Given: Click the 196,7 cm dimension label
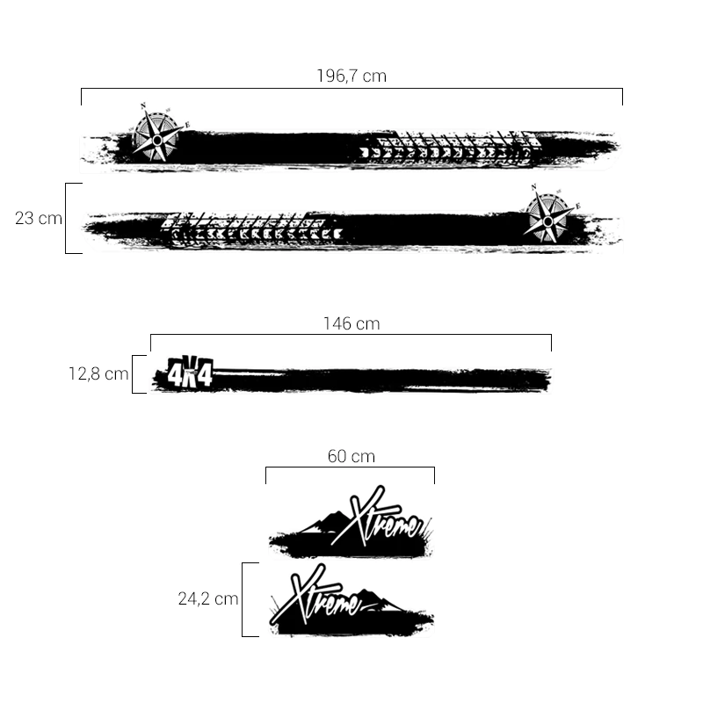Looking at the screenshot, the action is (x=351, y=76).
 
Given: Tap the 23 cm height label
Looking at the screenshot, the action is (x=39, y=218).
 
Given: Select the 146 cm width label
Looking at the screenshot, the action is (x=351, y=323).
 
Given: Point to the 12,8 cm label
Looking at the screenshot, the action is (x=98, y=374).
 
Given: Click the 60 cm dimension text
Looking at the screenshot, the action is (x=351, y=456).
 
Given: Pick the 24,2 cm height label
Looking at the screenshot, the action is (x=208, y=598).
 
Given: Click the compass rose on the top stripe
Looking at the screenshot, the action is (x=157, y=134).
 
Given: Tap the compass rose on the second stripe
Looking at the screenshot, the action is (x=547, y=215).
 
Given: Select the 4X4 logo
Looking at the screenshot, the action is (x=190, y=372).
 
